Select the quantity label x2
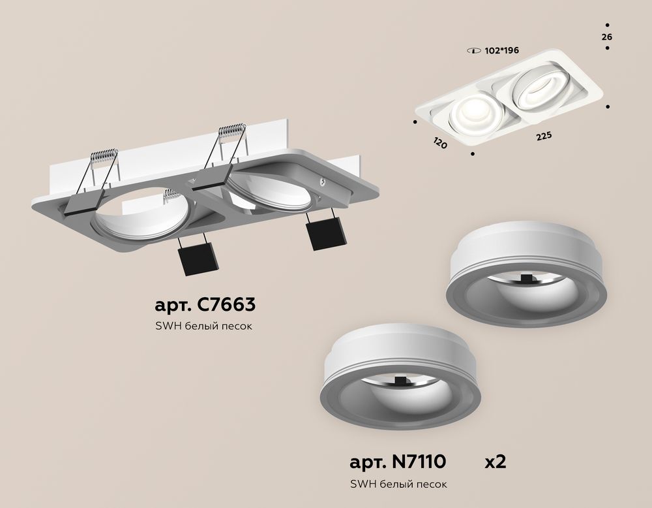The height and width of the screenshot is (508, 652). [x=495, y=462]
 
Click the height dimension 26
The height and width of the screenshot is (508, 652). [x=606, y=37]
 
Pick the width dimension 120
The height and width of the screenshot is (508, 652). [x=439, y=142]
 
